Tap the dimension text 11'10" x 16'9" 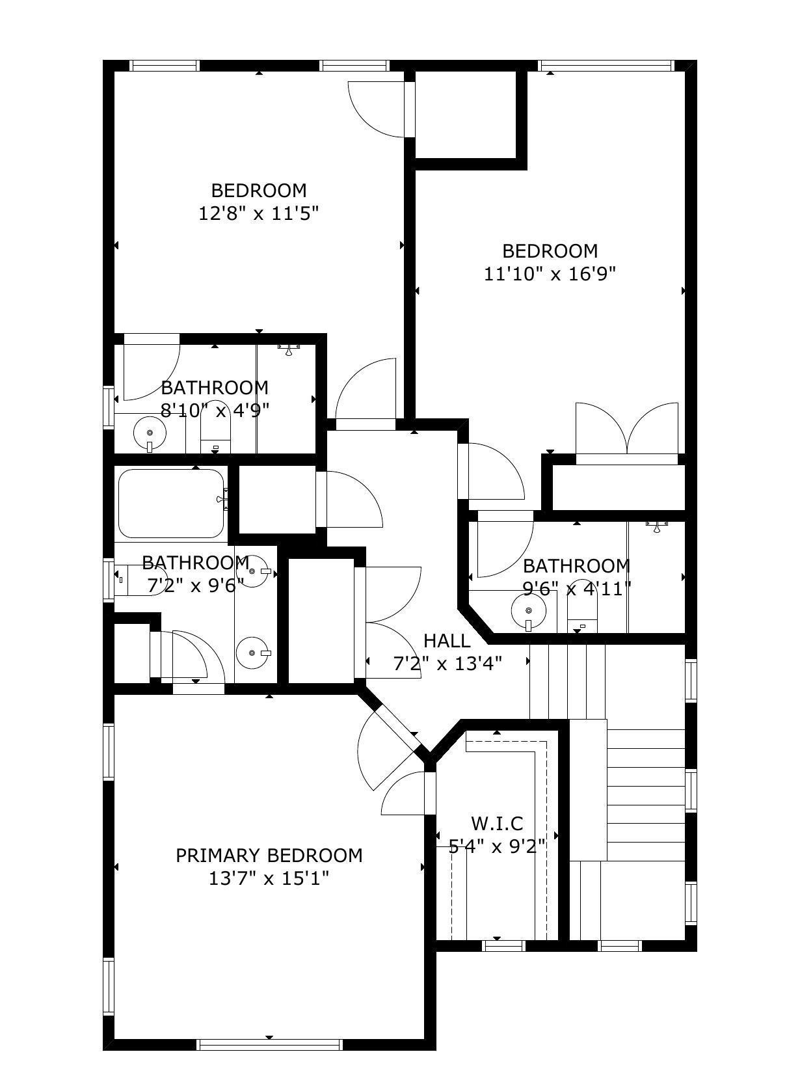[x=550, y=274]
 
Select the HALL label [x=447, y=641]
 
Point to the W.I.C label [x=497, y=824]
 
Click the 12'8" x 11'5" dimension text [x=258, y=213]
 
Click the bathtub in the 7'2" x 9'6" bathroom [x=171, y=503]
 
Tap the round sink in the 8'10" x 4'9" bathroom [x=150, y=433]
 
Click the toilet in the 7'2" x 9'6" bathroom [x=141, y=580]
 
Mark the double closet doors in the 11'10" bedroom [x=626, y=429]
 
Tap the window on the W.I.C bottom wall [x=503, y=945]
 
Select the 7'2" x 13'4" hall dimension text [x=447, y=664]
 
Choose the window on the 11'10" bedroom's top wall [x=606, y=66]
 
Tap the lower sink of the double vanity [x=252, y=653]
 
